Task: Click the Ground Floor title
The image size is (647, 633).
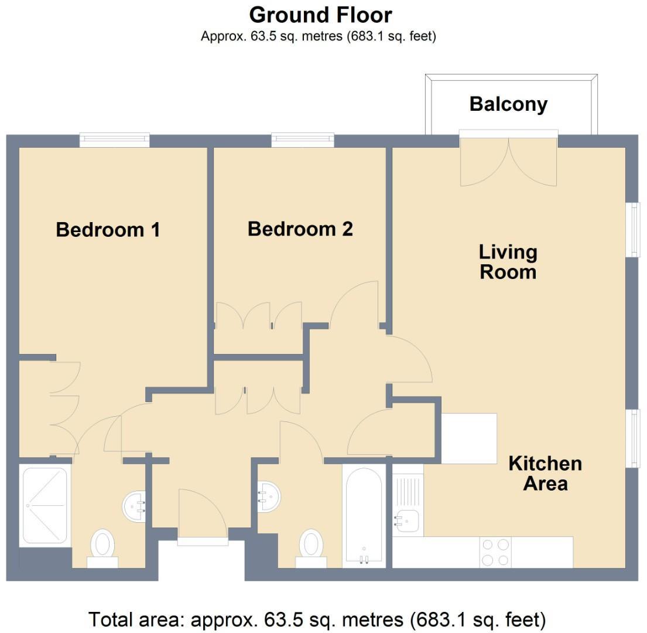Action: pyautogui.click(x=320, y=14)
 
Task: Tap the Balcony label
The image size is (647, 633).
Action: pyautogui.click(x=508, y=104)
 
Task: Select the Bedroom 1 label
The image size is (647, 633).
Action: pyautogui.click(x=108, y=229)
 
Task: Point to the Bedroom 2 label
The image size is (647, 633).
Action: pyautogui.click(x=300, y=229)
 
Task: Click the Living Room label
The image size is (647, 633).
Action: pyautogui.click(x=508, y=262)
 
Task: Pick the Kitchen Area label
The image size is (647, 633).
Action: pyautogui.click(x=545, y=474)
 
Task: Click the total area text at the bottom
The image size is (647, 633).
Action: pyautogui.click(x=317, y=619)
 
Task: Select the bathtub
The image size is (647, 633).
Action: pyautogui.click(x=364, y=516)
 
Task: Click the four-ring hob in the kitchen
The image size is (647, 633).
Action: pyautogui.click(x=495, y=552)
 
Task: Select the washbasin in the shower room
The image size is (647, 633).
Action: pyautogui.click(x=134, y=505)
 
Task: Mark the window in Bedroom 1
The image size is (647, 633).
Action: pyautogui.click(x=114, y=139)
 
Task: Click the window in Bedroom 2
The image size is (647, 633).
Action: pyautogui.click(x=303, y=139)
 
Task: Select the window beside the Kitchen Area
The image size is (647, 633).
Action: pyautogui.click(x=632, y=438)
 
